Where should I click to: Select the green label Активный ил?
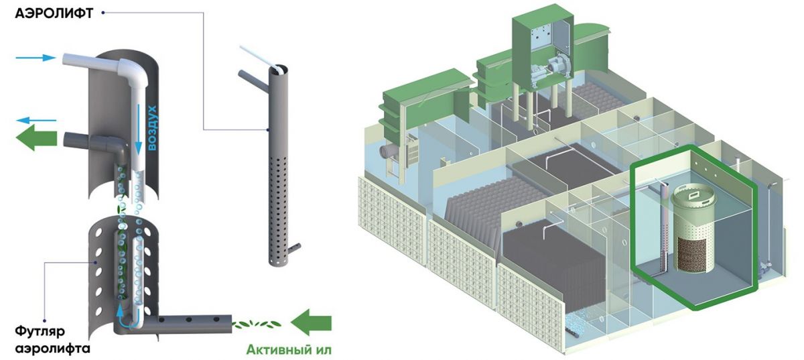289,349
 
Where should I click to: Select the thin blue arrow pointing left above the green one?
38,121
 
